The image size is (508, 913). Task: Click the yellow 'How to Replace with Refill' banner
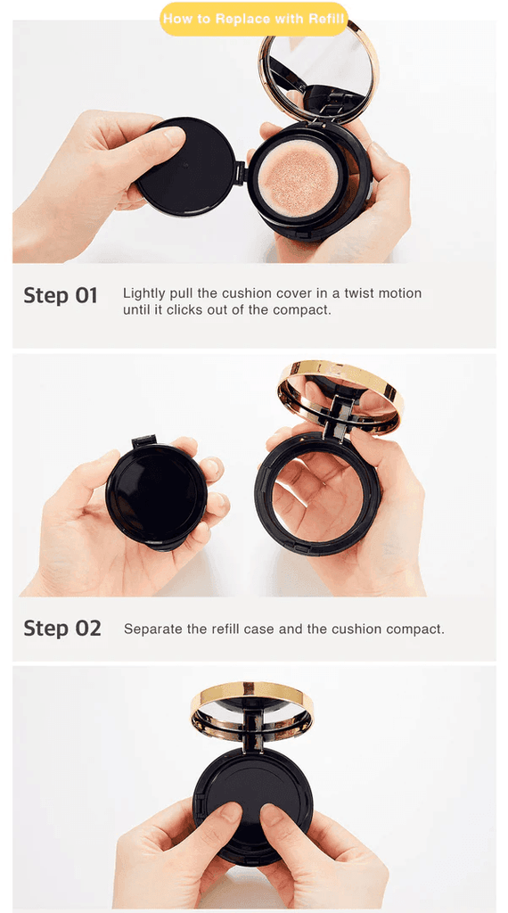254,19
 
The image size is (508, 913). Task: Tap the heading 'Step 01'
61,295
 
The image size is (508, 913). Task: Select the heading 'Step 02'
62,629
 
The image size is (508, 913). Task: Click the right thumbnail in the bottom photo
273,814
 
